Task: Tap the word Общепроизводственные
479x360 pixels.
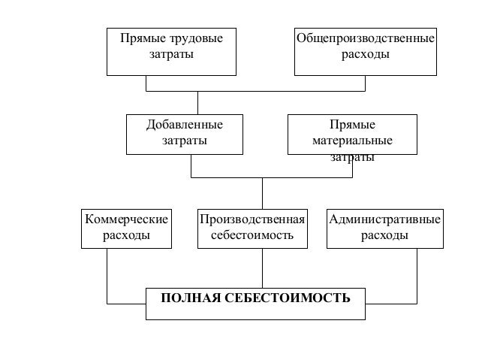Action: coord(366,38)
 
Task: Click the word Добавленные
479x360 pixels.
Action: coord(185,125)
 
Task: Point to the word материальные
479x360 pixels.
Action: coord(352,141)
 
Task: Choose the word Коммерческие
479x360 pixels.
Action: coord(126,219)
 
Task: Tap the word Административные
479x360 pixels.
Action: coord(384,219)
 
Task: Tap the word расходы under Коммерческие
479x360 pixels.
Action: coord(126,235)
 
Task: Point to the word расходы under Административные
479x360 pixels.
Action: coord(384,235)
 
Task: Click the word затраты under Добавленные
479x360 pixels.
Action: coord(185,141)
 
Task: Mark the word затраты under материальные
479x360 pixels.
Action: coord(352,157)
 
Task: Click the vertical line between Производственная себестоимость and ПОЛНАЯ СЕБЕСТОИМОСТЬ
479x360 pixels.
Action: coord(262,268)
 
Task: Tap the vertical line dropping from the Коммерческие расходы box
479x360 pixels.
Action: coord(107,275)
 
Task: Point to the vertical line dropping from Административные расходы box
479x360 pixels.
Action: coord(417,275)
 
